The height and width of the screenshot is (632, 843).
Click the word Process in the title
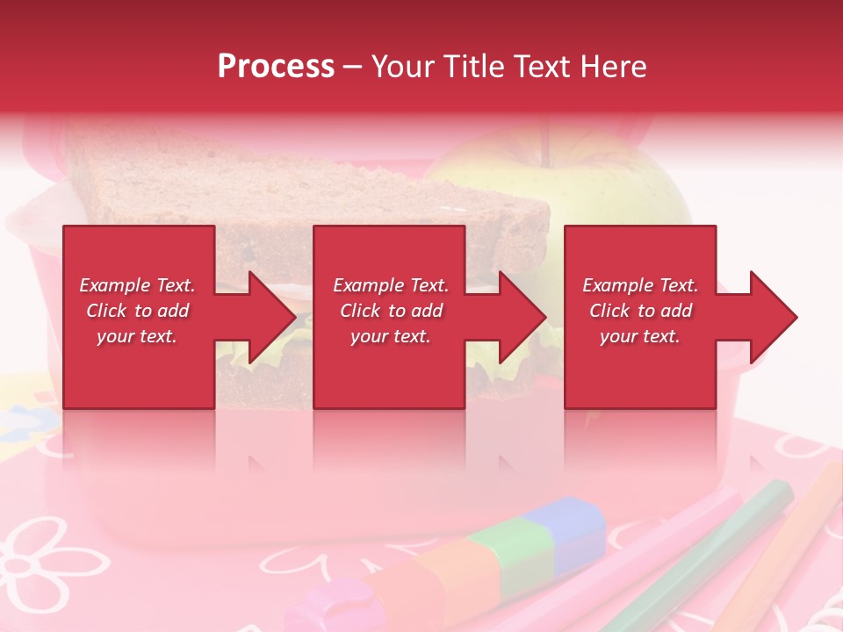(276, 67)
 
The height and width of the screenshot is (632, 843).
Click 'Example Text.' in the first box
(137, 285)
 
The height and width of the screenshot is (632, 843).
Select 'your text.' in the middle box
(390, 336)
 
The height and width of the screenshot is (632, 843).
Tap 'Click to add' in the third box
(640, 311)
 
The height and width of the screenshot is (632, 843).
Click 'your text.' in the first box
(137, 336)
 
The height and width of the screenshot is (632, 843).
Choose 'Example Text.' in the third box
(640, 285)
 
